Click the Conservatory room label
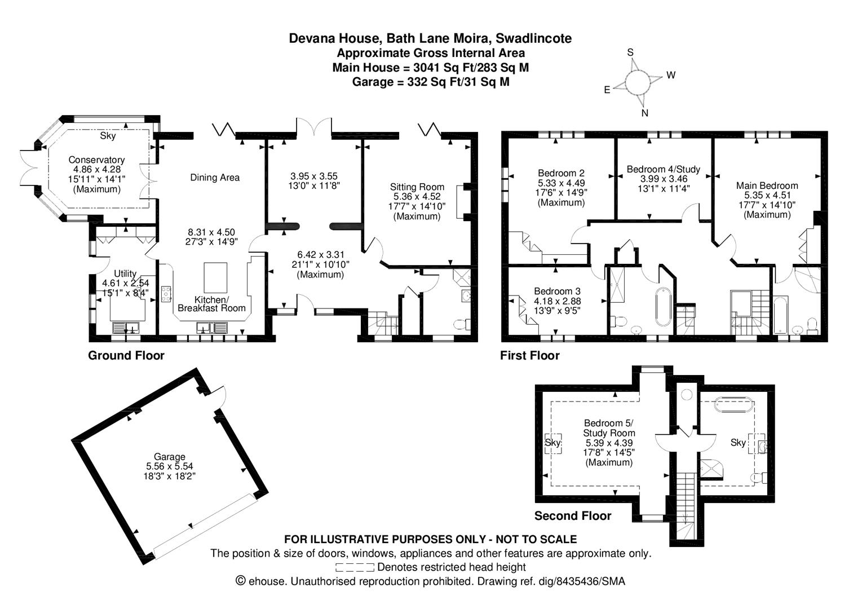pos(96,160)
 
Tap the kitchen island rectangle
pos(215,277)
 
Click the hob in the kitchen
pos(166,294)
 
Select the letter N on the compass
pos(644,113)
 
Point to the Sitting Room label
pos(417,187)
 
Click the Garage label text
pos(169,457)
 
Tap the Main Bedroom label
pos(767,186)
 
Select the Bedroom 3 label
pos(557,292)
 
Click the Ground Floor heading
pos(126,355)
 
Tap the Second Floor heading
pos(573,516)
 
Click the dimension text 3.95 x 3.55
pos(314,176)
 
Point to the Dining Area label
pos(215,178)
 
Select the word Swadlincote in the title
pos(534,38)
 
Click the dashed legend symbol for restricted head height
pos(355,567)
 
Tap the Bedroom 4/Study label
pos(664,169)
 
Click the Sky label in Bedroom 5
pos(552,443)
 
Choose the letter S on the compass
pos(630,52)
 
